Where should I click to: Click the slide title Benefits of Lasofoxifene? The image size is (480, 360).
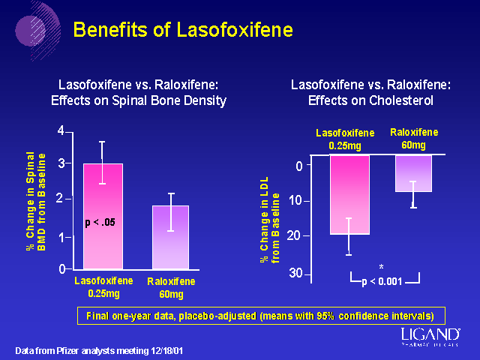pos(182,30)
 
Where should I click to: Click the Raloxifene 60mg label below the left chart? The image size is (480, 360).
pos(171,287)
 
